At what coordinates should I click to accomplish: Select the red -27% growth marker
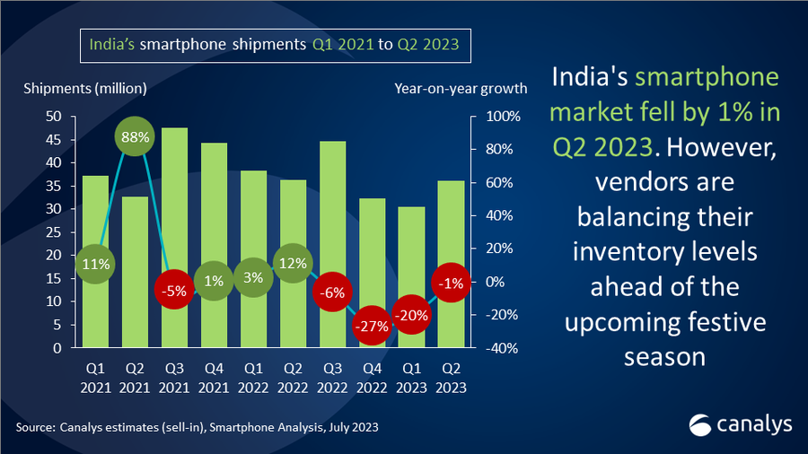371,326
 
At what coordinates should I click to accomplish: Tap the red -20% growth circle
410,315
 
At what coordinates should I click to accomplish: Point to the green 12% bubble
293,264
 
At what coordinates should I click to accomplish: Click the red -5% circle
174,291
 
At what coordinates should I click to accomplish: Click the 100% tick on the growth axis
504,117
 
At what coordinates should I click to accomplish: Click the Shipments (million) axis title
85,88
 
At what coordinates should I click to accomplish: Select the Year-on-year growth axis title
460,88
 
